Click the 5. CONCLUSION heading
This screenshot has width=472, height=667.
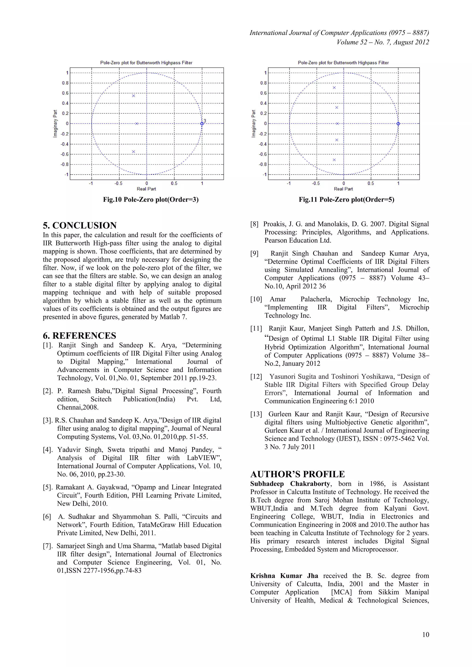pyautogui.click(x=80, y=225)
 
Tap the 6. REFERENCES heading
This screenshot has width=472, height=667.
pyautogui.click(x=79, y=336)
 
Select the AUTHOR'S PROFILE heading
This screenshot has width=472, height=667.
pyautogui.click(x=297, y=474)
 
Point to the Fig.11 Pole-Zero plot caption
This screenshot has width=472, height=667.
pyautogui.click(x=346, y=200)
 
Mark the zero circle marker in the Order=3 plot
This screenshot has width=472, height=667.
pyautogui.click(x=202, y=124)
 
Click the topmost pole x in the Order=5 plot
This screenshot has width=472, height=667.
pyautogui.click(x=334, y=88)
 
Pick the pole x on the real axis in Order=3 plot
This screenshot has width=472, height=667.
pyautogui.click(x=137, y=124)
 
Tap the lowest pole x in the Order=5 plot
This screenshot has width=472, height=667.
pyautogui.click(x=334, y=160)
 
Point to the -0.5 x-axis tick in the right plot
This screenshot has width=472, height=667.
pyautogui.click(x=316, y=184)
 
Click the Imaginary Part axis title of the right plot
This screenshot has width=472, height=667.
pyautogui.click(x=254, y=123)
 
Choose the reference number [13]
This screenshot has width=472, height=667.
pyautogui.click(x=256, y=414)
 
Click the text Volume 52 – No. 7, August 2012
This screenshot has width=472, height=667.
pyautogui.click(x=383, y=42)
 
